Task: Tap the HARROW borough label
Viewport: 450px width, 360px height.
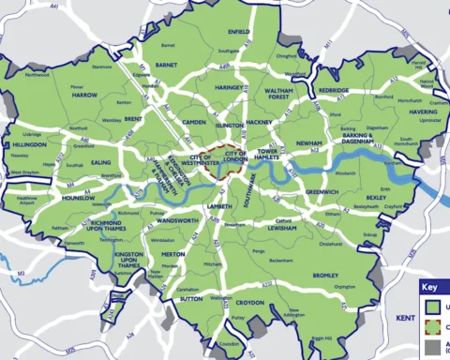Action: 85,96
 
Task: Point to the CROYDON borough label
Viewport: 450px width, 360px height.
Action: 249,304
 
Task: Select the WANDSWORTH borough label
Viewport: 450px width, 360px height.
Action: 178,220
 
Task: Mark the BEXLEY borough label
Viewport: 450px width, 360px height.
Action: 376,198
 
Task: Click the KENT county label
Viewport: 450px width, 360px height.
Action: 406,320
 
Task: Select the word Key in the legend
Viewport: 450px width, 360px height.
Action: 429,289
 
